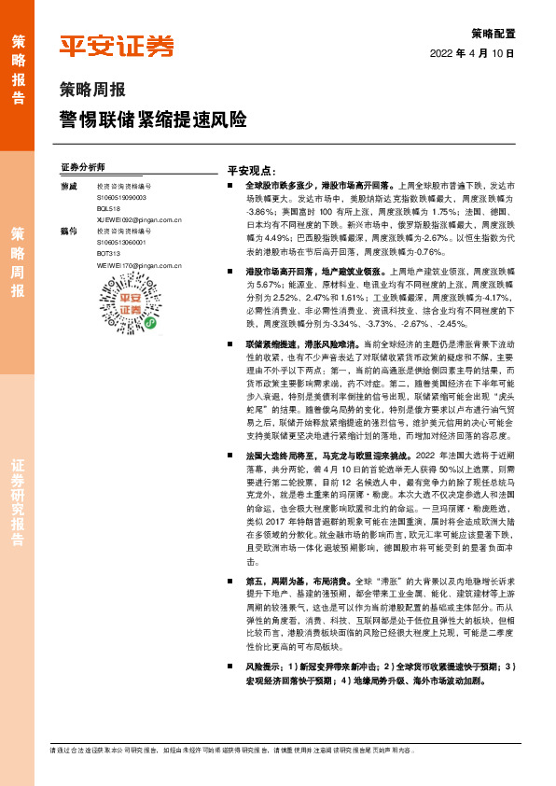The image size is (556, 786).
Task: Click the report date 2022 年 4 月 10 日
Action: tap(472, 53)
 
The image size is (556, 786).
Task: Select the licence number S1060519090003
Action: tap(122, 199)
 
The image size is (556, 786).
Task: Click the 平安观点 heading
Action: tap(251, 171)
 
